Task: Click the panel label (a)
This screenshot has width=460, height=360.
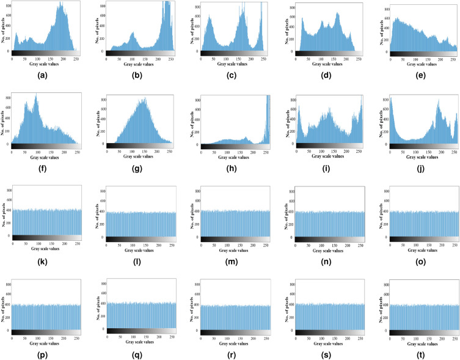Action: [43, 76]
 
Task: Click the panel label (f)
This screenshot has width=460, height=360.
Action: [43, 170]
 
